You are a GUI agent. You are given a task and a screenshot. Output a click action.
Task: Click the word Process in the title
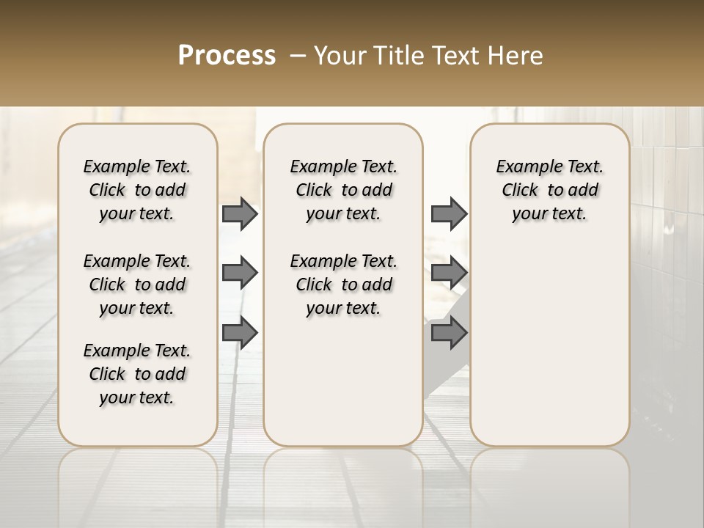coord(227,55)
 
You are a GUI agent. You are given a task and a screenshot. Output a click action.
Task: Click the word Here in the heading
coord(515,56)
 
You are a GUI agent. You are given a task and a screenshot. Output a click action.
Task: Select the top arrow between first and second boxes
coord(240,213)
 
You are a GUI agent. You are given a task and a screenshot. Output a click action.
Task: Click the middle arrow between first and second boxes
coord(240,273)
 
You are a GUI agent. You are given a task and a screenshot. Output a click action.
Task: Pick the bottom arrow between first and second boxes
coord(240,332)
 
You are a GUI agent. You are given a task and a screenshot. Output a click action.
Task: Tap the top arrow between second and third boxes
coord(449,213)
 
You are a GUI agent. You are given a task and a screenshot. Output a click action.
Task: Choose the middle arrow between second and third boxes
coord(449,273)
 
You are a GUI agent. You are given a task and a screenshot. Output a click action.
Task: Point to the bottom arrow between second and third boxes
coord(449,332)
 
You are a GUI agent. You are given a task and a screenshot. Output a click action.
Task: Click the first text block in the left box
coord(137,190)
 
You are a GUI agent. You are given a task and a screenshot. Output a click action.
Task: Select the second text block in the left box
coord(137,285)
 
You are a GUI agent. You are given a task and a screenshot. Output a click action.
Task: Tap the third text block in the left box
coord(137,374)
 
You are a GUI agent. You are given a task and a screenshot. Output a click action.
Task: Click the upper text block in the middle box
coord(344,190)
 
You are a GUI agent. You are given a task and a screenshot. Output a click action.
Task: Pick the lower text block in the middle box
coord(344,285)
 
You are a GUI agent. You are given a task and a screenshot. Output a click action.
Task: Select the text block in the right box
coord(550,190)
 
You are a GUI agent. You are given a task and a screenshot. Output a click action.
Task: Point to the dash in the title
coord(298,56)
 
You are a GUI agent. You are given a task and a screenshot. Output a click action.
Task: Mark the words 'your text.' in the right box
coord(550,214)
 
